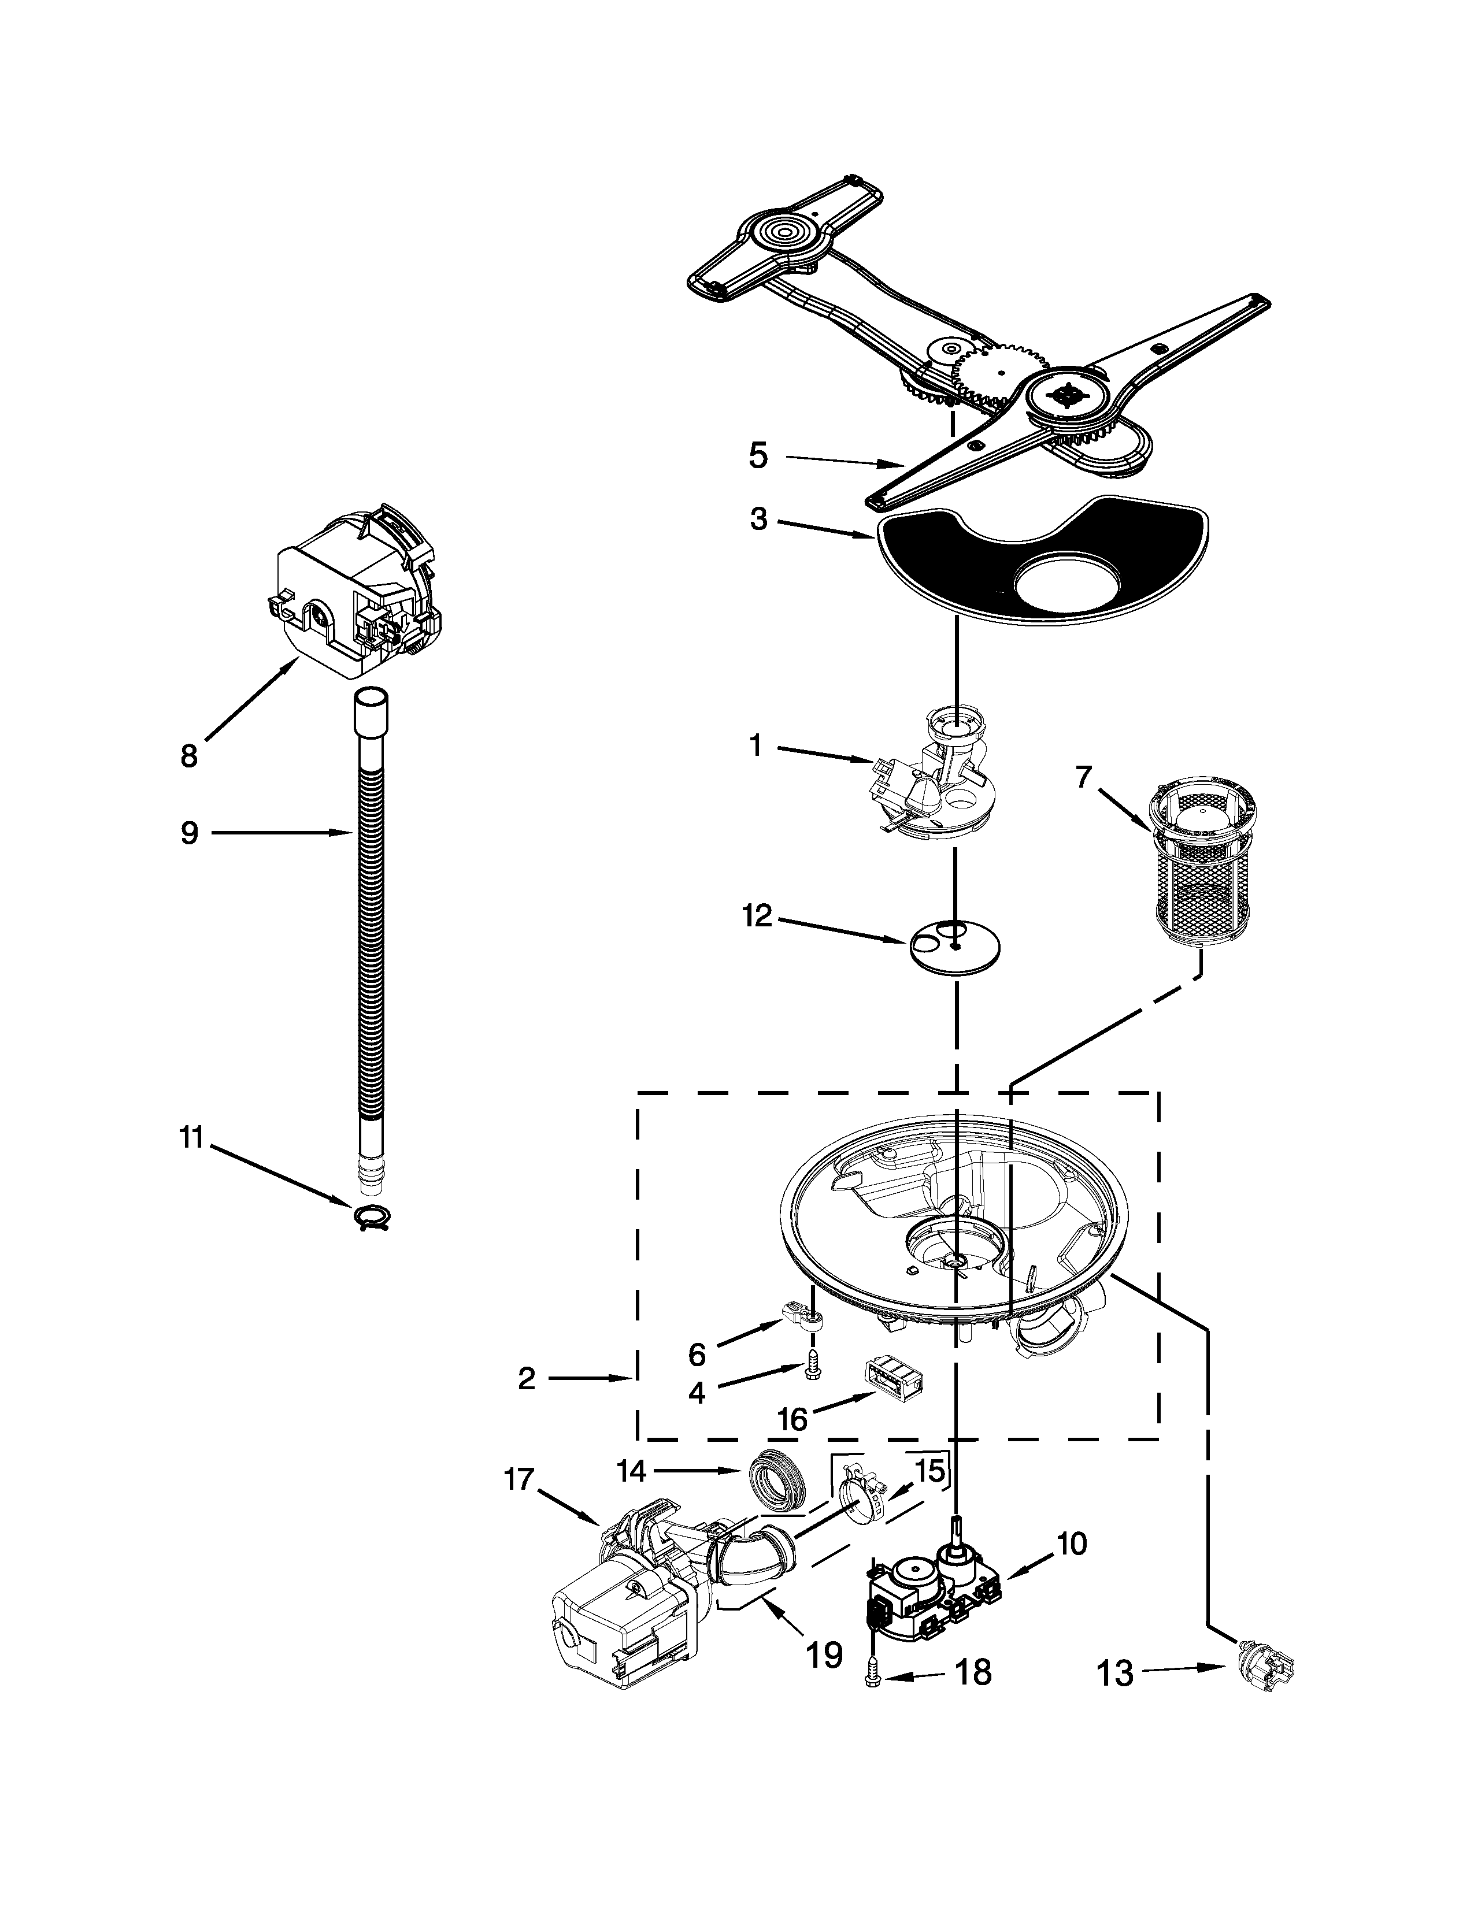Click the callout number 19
point(824,1653)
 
